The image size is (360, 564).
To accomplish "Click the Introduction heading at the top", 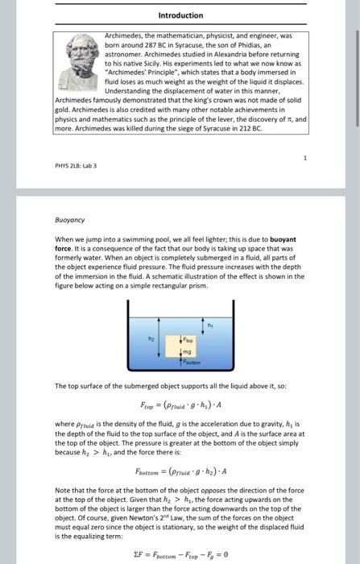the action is click(x=180, y=15).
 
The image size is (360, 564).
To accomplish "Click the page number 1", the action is click(x=305, y=158).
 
